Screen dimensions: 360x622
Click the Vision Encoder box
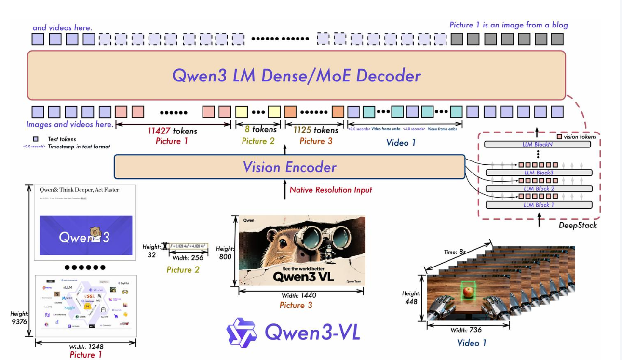tap(289, 167)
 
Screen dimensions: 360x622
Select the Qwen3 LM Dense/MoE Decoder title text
tap(296, 76)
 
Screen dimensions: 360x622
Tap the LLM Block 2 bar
tap(539, 188)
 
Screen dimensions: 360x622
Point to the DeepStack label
tap(578, 225)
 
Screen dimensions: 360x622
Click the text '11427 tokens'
tap(172, 131)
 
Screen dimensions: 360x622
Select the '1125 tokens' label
tap(316, 130)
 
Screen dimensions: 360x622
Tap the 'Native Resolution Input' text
tap(331, 190)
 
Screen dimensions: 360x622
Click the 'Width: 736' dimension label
tap(466, 330)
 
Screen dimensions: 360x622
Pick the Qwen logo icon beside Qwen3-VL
tap(242, 333)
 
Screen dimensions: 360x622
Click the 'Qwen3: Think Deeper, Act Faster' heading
tap(79, 190)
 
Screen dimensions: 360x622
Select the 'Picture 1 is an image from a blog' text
tap(508, 25)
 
